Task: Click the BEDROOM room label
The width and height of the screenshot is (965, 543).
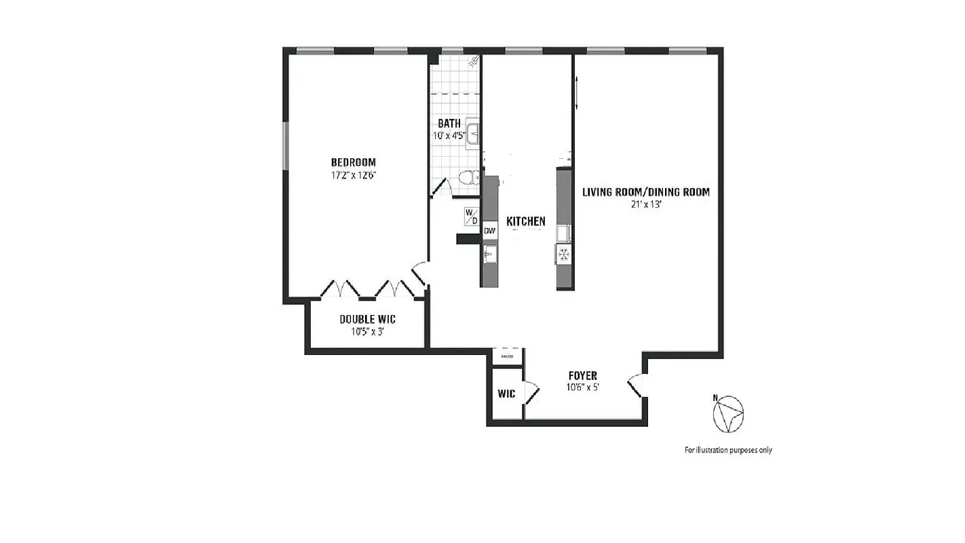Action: point(353,162)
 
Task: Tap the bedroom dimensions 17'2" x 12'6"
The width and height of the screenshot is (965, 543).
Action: point(353,174)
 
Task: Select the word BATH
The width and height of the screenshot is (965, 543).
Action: point(449,124)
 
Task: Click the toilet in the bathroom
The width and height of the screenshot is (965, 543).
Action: point(467,179)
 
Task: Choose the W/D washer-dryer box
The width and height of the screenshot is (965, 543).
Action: point(471,217)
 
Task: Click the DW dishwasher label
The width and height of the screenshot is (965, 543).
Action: point(489,231)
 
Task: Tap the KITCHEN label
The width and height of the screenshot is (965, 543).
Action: point(526,221)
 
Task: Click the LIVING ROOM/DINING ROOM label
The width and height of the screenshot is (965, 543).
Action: point(645,192)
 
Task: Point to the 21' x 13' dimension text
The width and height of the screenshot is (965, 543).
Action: point(645,204)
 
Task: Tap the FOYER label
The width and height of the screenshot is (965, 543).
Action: point(582,376)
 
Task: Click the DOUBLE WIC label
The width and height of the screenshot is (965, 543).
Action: point(367,319)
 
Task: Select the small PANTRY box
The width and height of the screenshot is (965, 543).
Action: point(507,356)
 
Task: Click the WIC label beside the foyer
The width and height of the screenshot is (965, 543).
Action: point(506,394)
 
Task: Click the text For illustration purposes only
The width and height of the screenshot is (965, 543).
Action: point(727,450)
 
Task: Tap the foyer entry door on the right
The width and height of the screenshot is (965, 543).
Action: point(636,386)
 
